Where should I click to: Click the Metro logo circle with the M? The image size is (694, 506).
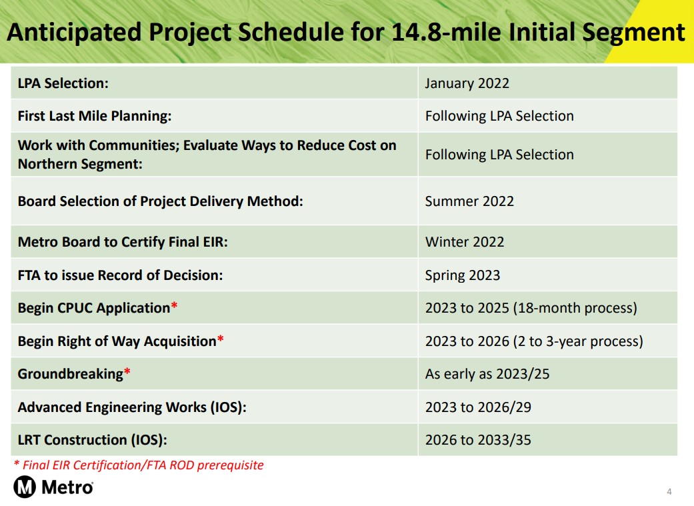pyautogui.click(x=25, y=487)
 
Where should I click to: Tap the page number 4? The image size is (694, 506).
pyautogui.click(x=669, y=491)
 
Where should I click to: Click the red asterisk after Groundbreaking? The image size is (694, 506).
pyautogui.click(x=127, y=371)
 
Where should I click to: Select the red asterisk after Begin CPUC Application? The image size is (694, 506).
pyautogui.click(x=174, y=305)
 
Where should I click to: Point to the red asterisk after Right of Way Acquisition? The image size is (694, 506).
pyautogui.click(x=221, y=339)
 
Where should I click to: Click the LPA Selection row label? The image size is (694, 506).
pyautogui.click(x=63, y=83)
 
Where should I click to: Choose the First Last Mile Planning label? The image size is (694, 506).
pyautogui.click(x=94, y=116)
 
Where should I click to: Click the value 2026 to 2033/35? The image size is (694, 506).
pyautogui.click(x=478, y=440)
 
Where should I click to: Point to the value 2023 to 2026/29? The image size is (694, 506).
pyautogui.click(x=478, y=407)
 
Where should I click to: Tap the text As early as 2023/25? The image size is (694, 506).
pyautogui.click(x=487, y=374)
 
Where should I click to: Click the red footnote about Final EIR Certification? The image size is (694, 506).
pyautogui.click(x=139, y=465)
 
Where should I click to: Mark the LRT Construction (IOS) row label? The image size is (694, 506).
pyautogui.click(x=93, y=440)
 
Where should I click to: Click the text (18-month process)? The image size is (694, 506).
pyautogui.click(x=575, y=308)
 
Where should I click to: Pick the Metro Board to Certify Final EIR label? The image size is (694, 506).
pyautogui.click(x=123, y=242)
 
